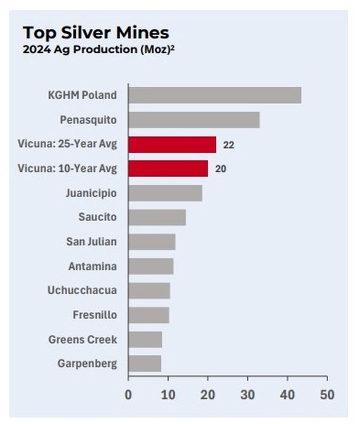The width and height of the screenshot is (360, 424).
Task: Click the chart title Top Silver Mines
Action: (96, 33)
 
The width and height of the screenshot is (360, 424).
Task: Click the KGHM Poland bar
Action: (215, 95)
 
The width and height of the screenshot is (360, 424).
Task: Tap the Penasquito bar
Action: (194, 120)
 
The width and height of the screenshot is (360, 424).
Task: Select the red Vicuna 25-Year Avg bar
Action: (172, 144)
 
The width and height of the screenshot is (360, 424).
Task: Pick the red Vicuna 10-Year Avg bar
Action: (168, 169)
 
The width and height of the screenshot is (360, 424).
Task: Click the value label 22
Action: (228, 145)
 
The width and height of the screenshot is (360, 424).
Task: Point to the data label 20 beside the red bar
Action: (220, 169)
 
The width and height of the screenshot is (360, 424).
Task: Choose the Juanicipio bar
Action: (165, 193)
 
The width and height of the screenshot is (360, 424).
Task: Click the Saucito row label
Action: (97, 217)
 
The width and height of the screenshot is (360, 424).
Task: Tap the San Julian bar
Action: (152, 242)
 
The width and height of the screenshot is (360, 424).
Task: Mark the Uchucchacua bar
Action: (149, 291)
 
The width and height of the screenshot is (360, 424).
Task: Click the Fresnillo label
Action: (95, 315)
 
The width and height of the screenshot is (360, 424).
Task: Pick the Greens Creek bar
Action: (145, 340)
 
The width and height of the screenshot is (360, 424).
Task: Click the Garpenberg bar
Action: (144, 364)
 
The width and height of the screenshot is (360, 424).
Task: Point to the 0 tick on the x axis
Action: (128, 395)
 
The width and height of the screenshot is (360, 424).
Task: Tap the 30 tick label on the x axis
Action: (247, 395)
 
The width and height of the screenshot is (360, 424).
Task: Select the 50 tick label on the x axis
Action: (327, 395)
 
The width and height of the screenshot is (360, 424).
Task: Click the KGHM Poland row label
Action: (82, 95)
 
